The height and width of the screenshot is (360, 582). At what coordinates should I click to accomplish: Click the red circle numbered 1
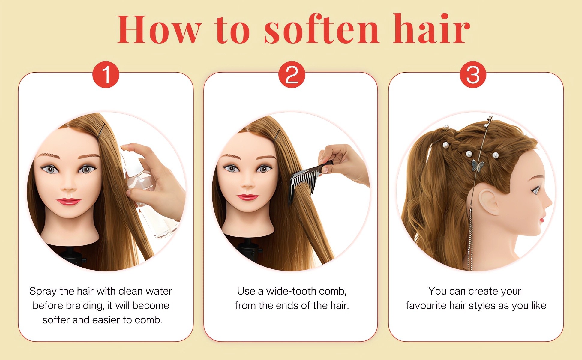[x=106, y=75]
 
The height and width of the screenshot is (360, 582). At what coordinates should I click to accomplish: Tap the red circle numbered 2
[x=292, y=75]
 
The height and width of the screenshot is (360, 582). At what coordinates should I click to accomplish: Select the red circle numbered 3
[x=473, y=75]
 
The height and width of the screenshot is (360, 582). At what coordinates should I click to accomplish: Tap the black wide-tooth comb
[x=309, y=180]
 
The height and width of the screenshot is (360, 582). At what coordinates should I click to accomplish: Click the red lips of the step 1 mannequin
[x=69, y=201]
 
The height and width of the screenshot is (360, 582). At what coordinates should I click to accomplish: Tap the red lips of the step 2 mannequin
[x=247, y=197]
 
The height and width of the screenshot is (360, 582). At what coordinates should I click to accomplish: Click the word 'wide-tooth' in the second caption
[x=291, y=291]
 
